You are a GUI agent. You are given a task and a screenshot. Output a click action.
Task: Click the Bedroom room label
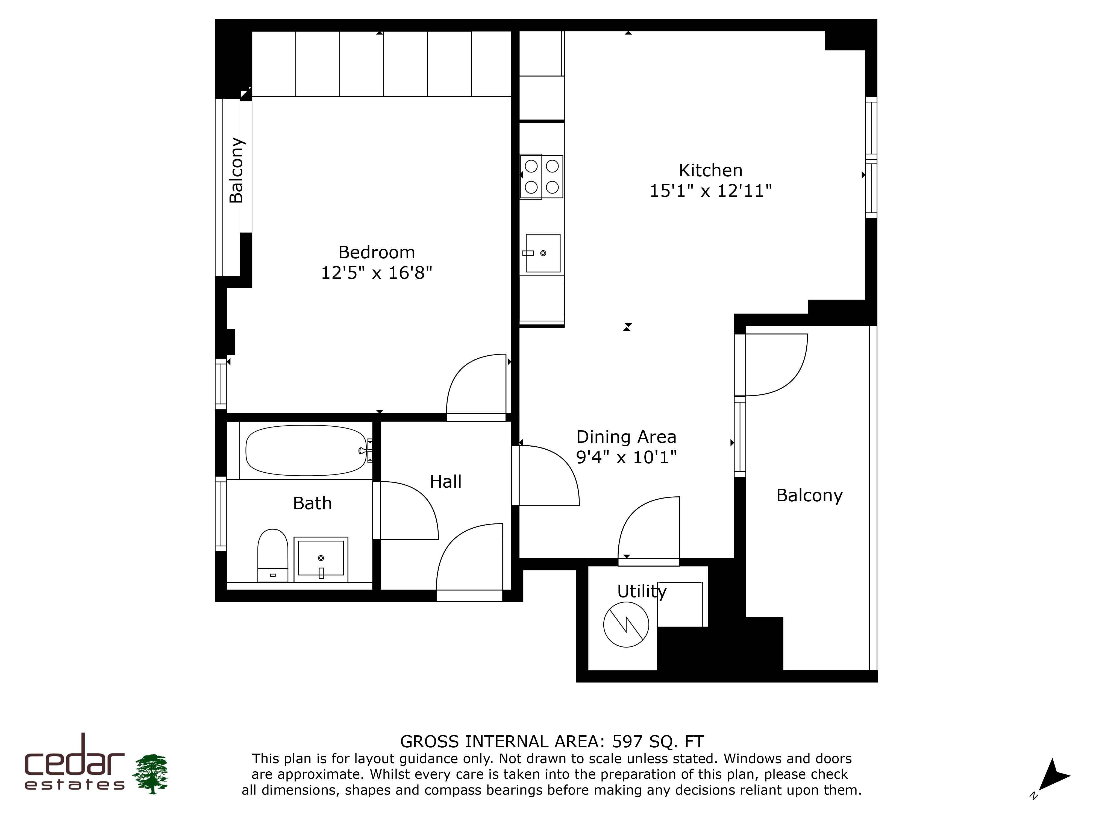point(377,253)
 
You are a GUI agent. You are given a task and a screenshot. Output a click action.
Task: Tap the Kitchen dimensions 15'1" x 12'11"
point(710,191)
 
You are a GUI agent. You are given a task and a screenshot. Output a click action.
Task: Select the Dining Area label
point(626,437)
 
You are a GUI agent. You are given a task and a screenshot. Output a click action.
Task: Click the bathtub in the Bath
point(306,450)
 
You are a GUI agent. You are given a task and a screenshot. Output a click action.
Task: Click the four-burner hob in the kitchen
point(542,177)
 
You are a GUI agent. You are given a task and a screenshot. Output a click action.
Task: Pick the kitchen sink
point(543,253)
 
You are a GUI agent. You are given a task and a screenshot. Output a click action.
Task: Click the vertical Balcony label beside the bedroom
point(236,170)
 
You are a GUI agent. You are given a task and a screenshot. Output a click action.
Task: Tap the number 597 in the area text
point(628,741)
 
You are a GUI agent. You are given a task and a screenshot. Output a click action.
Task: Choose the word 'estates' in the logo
point(75,785)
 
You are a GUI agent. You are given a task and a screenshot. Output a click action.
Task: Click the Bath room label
point(312,503)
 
